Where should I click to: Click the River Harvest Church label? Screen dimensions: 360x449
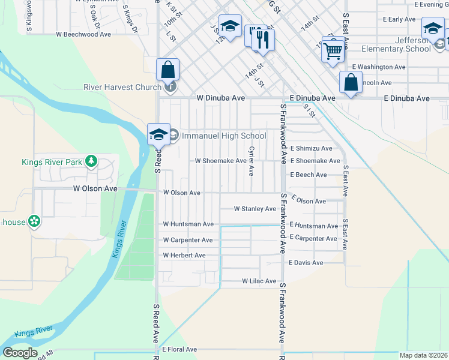[122, 88]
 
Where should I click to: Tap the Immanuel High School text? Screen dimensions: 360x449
[223, 136]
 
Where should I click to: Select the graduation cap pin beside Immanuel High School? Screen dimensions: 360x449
[158, 134]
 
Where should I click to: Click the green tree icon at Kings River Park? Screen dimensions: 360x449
[91, 161]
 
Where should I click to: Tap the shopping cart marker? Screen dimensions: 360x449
[333, 51]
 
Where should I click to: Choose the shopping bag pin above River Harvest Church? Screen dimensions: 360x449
[168, 70]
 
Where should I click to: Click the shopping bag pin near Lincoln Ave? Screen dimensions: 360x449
[351, 82]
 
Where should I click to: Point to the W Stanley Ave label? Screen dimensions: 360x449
[255, 209]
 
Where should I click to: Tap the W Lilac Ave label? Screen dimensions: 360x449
[259, 281]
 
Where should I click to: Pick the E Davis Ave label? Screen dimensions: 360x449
[306, 263]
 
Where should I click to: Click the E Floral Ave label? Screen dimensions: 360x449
[179, 349]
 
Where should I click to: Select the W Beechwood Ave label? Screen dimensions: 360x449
[83, 35]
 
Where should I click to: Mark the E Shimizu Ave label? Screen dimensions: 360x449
[311, 148]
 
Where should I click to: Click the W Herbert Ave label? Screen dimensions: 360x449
[184, 256]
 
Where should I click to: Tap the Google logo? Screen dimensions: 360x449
[20, 353]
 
